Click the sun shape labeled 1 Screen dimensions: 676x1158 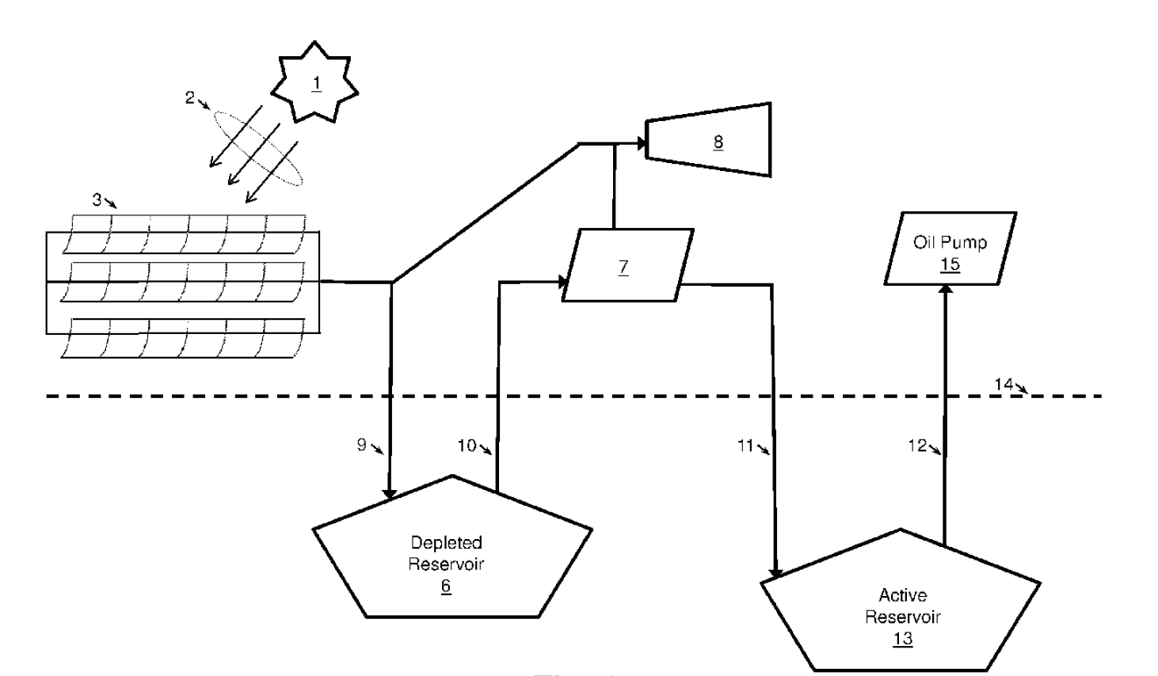click(x=315, y=83)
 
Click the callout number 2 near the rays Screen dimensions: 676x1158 click(x=190, y=97)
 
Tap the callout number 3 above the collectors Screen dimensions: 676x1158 click(x=97, y=199)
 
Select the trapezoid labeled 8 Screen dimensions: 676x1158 click(x=713, y=141)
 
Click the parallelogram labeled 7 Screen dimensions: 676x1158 click(x=626, y=265)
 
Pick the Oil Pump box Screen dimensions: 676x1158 click(x=950, y=249)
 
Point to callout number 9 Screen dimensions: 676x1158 click(x=361, y=445)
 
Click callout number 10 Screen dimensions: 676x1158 click(x=467, y=446)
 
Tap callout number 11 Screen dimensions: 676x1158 click(x=745, y=446)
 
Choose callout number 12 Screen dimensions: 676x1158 click(x=916, y=446)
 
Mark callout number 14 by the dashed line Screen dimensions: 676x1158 click(x=1004, y=384)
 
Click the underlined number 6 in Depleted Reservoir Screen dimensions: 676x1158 click(x=446, y=587)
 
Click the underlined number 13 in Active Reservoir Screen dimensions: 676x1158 click(x=902, y=639)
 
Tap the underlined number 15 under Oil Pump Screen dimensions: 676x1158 click(x=950, y=264)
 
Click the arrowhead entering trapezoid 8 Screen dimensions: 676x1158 click(x=642, y=143)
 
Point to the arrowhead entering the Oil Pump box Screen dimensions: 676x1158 click(x=944, y=290)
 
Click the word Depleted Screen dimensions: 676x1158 click(x=446, y=543)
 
